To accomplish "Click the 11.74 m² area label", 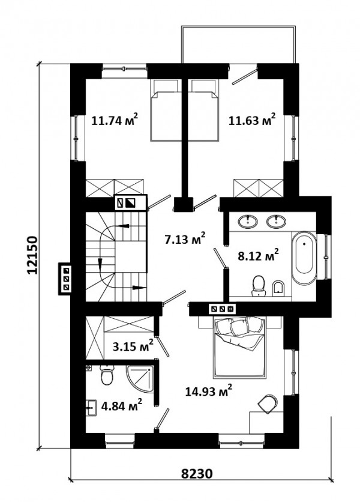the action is pyautogui.click(x=115, y=120).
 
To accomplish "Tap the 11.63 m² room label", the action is pyautogui.click(x=252, y=120).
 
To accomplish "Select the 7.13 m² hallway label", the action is pyautogui.click(x=185, y=238).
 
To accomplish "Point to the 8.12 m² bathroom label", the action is pyautogui.click(x=258, y=255).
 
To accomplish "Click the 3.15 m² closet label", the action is pyautogui.click(x=133, y=346).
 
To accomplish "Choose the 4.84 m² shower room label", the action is pyautogui.click(x=122, y=406).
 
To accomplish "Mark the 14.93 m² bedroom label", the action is pyautogui.click(x=209, y=391).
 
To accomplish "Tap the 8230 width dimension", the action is pyautogui.click(x=197, y=473).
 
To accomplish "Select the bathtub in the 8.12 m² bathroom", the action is pyautogui.click(x=304, y=259).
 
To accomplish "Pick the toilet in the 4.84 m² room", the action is pyautogui.click(x=107, y=375).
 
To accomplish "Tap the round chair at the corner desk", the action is pyautogui.click(x=268, y=404).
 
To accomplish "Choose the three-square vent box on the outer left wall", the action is pyautogui.click(x=66, y=279).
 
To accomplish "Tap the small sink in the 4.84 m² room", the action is pyautogui.click(x=91, y=408).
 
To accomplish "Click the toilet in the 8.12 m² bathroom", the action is pyautogui.click(x=258, y=286).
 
